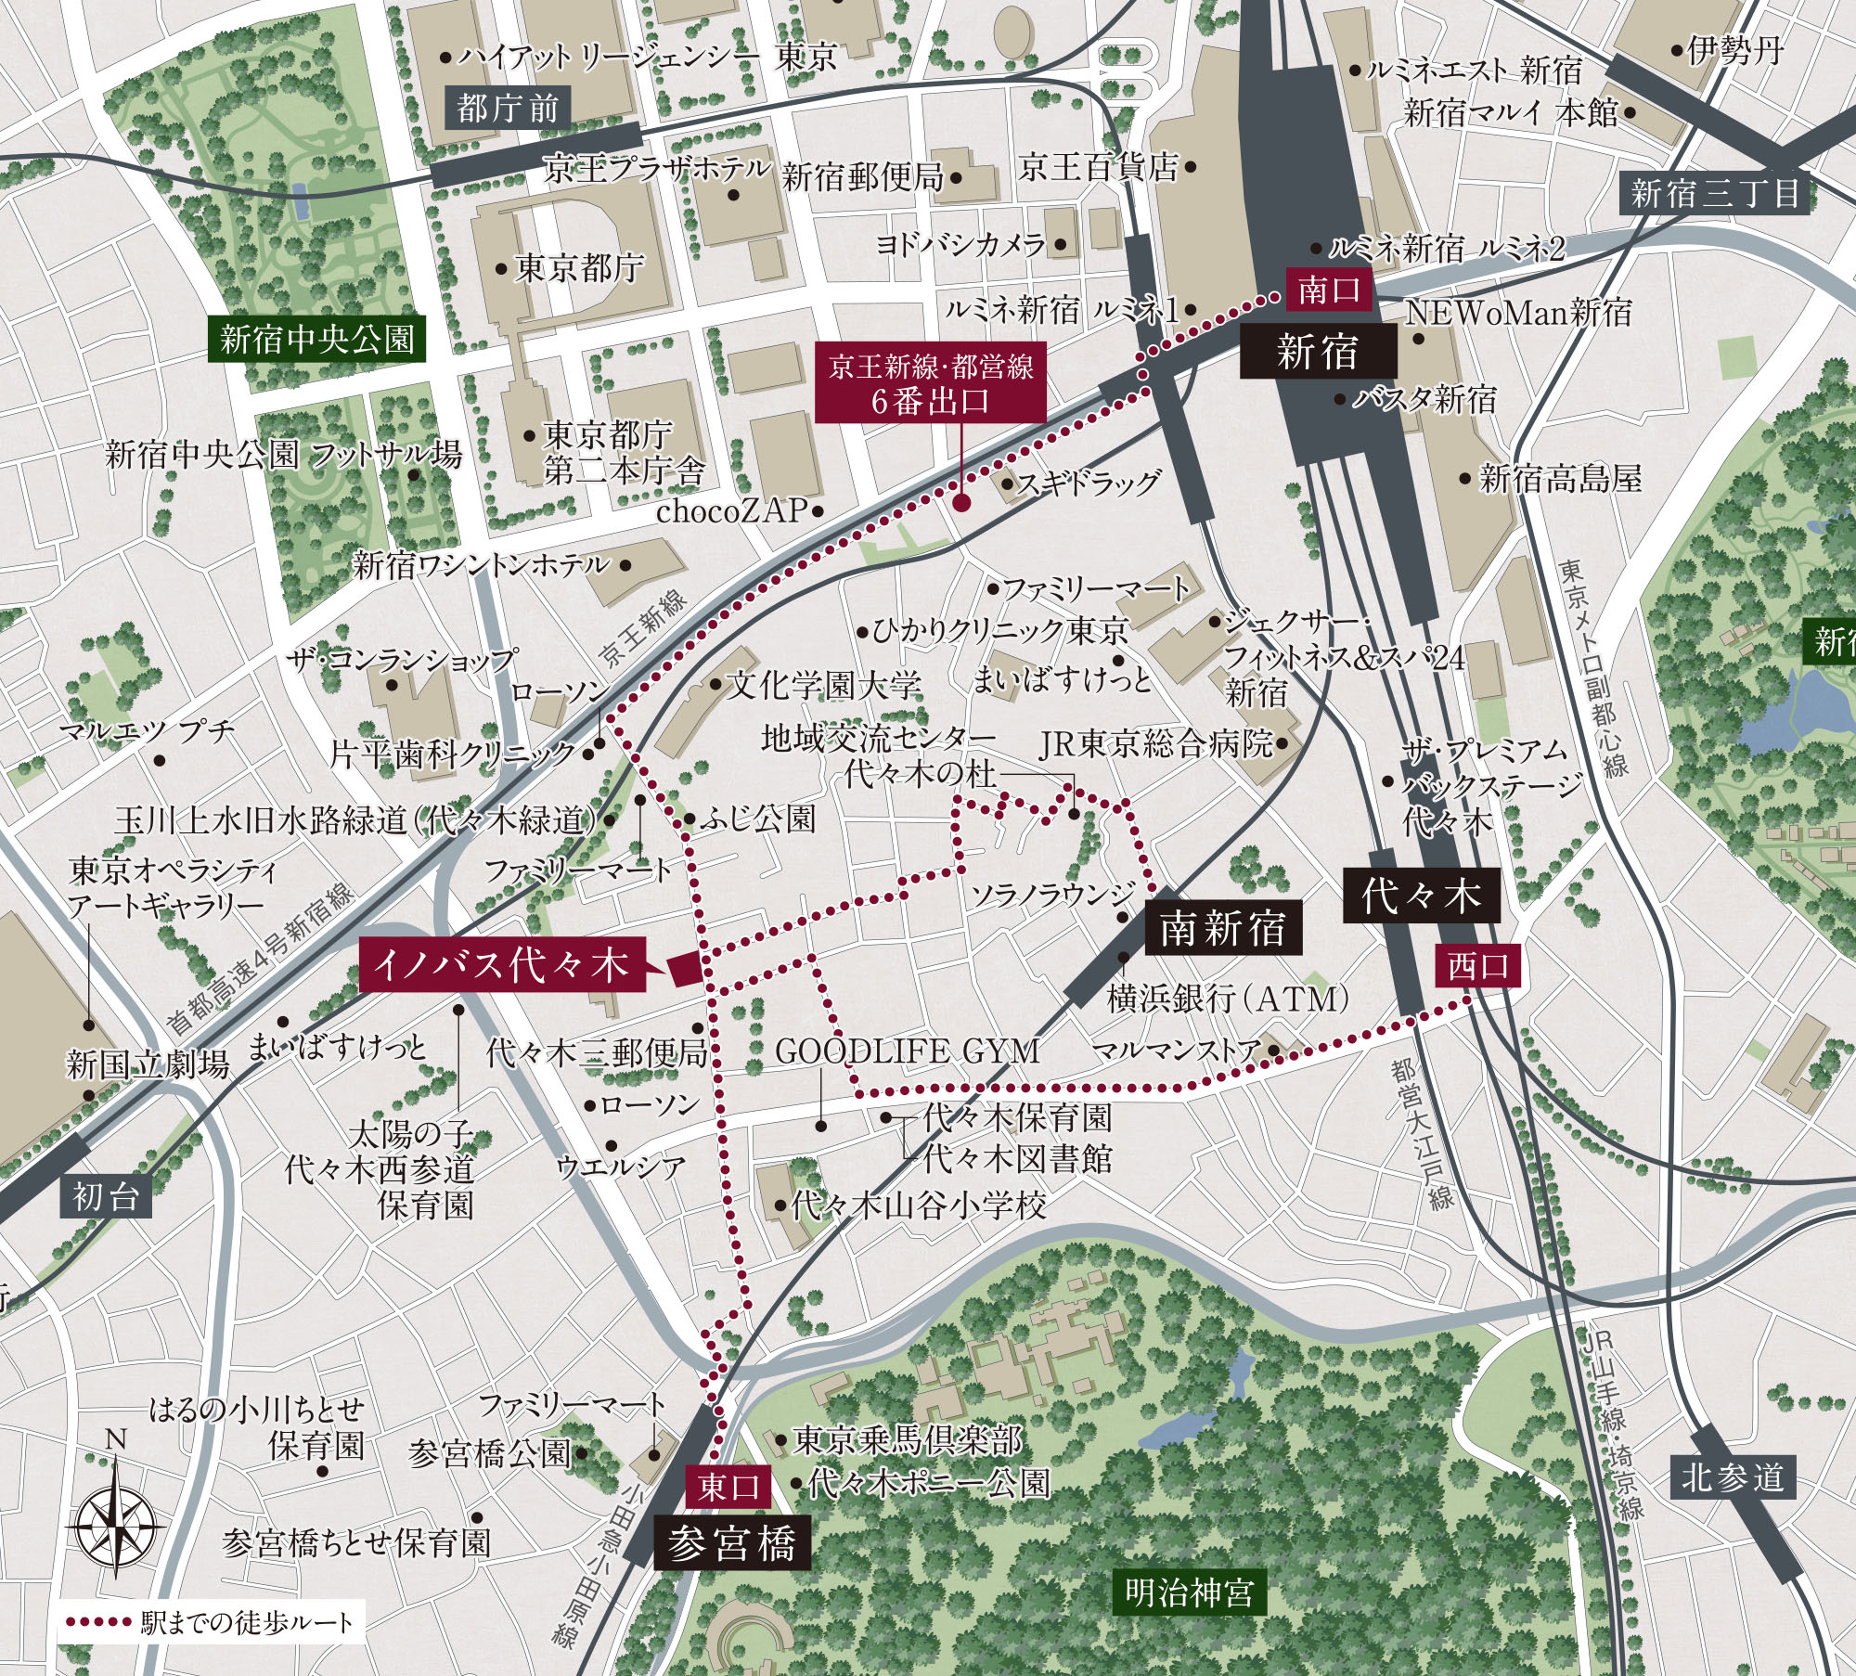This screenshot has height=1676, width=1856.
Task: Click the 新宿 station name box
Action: tap(1318, 352)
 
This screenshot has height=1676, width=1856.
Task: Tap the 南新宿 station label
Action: tap(1223, 927)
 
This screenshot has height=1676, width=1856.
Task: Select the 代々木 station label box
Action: tap(1421, 896)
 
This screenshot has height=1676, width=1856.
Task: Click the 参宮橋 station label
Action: tap(732, 1544)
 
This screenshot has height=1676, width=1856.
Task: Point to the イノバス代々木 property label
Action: tap(501, 965)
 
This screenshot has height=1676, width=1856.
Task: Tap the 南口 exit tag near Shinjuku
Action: tap(1329, 290)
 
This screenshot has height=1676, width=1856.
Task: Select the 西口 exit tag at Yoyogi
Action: tap(1479, 967)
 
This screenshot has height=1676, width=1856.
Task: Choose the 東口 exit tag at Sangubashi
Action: tap(730, 1487)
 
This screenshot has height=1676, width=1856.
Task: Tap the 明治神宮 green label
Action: tap(1190, 1592)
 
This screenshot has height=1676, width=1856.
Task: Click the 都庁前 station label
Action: tap(508, 110)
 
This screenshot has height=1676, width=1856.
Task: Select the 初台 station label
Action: tap(106, 1197)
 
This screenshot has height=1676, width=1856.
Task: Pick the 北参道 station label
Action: tap(1733, 1477)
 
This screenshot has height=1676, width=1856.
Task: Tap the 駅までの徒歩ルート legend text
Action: tap(248, 1622)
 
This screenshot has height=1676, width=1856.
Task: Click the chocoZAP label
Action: tap(732, 511)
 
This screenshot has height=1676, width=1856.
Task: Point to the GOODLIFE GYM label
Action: tap(907, 1051)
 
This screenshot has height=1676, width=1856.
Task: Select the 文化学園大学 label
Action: tap(824, 686)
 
